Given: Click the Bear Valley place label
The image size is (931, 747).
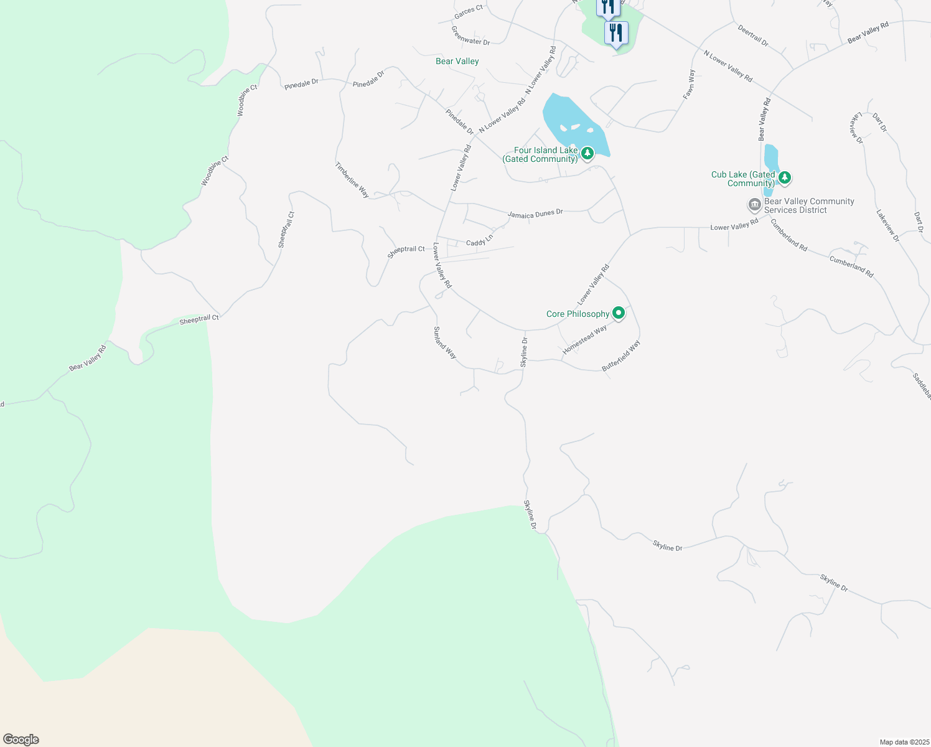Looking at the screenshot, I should [457, 61].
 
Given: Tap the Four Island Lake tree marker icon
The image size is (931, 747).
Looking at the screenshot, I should [587, 153].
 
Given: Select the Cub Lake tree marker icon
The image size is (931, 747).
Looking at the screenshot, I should [785, 177].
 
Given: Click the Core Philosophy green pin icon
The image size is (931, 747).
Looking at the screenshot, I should [618, 313].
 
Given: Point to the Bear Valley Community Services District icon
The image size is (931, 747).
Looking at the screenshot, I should [754, 205].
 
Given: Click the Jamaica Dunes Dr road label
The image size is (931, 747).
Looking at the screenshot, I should [535, 214].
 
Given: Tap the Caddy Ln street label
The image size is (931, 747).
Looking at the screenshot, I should [479, 240].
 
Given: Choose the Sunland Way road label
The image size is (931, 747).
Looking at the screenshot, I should [445, 343].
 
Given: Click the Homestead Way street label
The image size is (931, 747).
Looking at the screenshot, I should [584, 341].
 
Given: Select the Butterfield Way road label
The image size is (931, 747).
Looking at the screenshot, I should [621, 357].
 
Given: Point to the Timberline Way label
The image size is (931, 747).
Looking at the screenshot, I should [352, 180].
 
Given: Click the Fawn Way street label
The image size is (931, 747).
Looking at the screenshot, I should [690, 84].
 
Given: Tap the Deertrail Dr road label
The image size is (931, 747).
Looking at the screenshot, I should [753, 36].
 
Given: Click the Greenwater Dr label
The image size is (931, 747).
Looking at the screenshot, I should [470, 35].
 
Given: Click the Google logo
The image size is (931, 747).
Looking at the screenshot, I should [21, 740].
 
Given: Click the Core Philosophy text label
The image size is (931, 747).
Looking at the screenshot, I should [578, 314].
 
